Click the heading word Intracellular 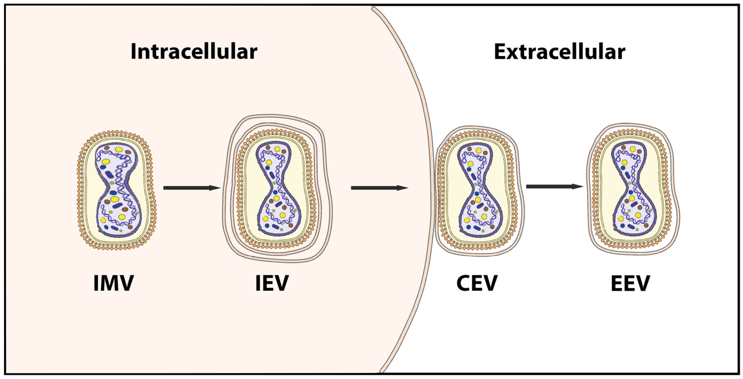point(194,52)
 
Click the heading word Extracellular point(559,52)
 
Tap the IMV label point(114,283)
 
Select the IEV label point(272,283)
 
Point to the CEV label point(477,283)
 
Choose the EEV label point(630,283)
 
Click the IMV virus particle point(117,190)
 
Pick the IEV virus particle point(277,189)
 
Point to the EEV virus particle point(633,189)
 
